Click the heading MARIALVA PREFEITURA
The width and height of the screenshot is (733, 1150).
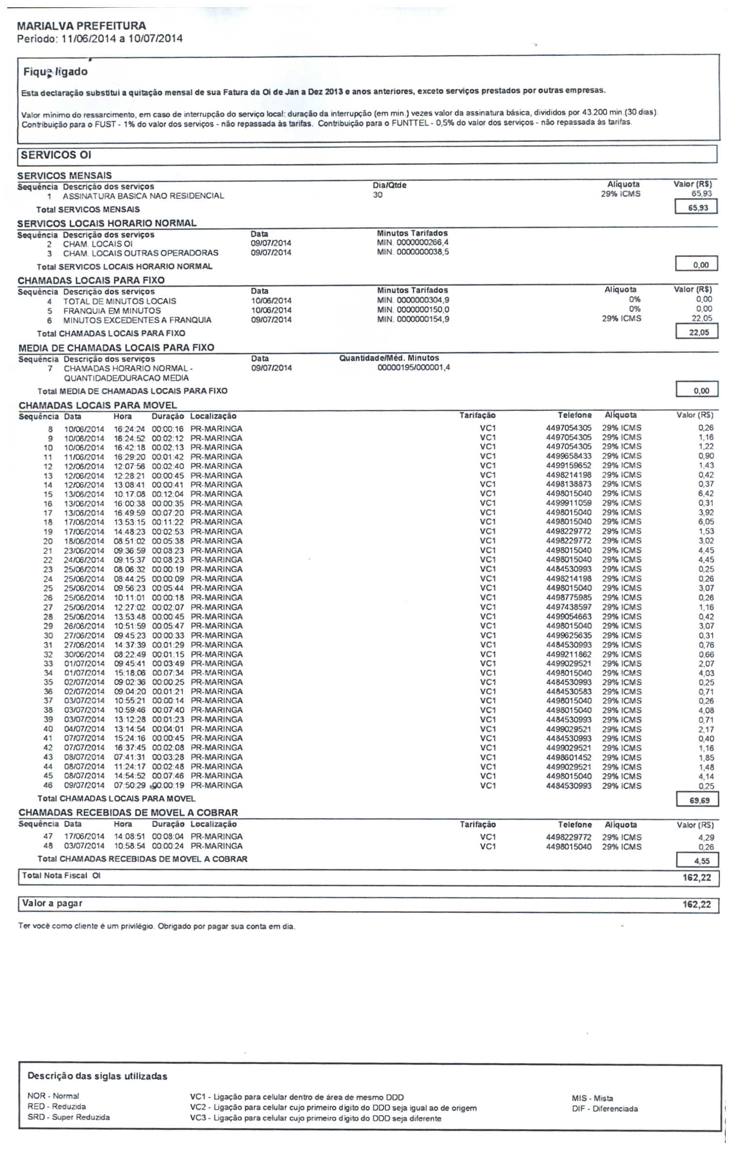pos(81,26)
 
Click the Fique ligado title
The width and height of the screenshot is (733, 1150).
pos(55,72)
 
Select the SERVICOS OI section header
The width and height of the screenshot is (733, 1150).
pos(56,155)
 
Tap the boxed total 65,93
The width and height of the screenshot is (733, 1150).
pos(698,208)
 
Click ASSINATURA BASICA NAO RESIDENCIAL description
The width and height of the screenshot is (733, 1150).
pos(143,196)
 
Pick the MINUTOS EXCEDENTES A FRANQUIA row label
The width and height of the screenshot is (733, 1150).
pos(137,320)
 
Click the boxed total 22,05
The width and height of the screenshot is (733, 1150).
pos(698,332)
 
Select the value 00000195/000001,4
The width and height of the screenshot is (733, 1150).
pos(414,368)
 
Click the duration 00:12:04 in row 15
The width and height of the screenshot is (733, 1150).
pos(168,494)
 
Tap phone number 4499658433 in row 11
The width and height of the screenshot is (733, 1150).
pos(568,457)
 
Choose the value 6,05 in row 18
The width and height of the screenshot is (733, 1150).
pos(706,522)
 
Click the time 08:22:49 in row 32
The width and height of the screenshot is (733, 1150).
pos(129,654)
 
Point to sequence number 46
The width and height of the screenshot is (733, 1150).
pos(48,786)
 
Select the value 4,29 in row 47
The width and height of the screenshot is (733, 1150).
pos(706,837)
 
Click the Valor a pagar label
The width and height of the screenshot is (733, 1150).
pos(52,903)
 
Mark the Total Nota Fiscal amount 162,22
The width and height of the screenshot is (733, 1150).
pos(696,878)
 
